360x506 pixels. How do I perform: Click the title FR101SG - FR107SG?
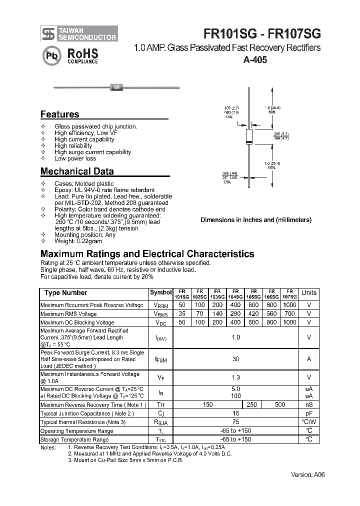(262, 33)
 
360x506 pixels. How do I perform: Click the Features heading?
(59, 114)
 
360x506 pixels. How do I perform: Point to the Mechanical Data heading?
(77, 171)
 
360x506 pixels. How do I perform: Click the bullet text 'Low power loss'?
(75, 158)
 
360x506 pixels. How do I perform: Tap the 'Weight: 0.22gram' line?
(78, 241)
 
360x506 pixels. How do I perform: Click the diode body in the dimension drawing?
(248, 136)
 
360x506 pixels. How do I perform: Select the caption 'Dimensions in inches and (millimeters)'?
(255, 219)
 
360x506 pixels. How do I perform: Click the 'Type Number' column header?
(65, 293)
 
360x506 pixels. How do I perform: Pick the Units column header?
(309, 293)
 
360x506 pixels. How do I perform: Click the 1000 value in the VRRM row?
(289, 305)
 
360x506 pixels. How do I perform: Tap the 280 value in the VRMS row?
(235, 314)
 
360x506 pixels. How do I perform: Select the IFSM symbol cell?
(160, 359)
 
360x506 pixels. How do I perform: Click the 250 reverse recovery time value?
(252, 404)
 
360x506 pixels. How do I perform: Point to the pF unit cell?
(309, 413)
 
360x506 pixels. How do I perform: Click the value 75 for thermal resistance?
(235, 422)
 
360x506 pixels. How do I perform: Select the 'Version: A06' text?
(308, 474)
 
